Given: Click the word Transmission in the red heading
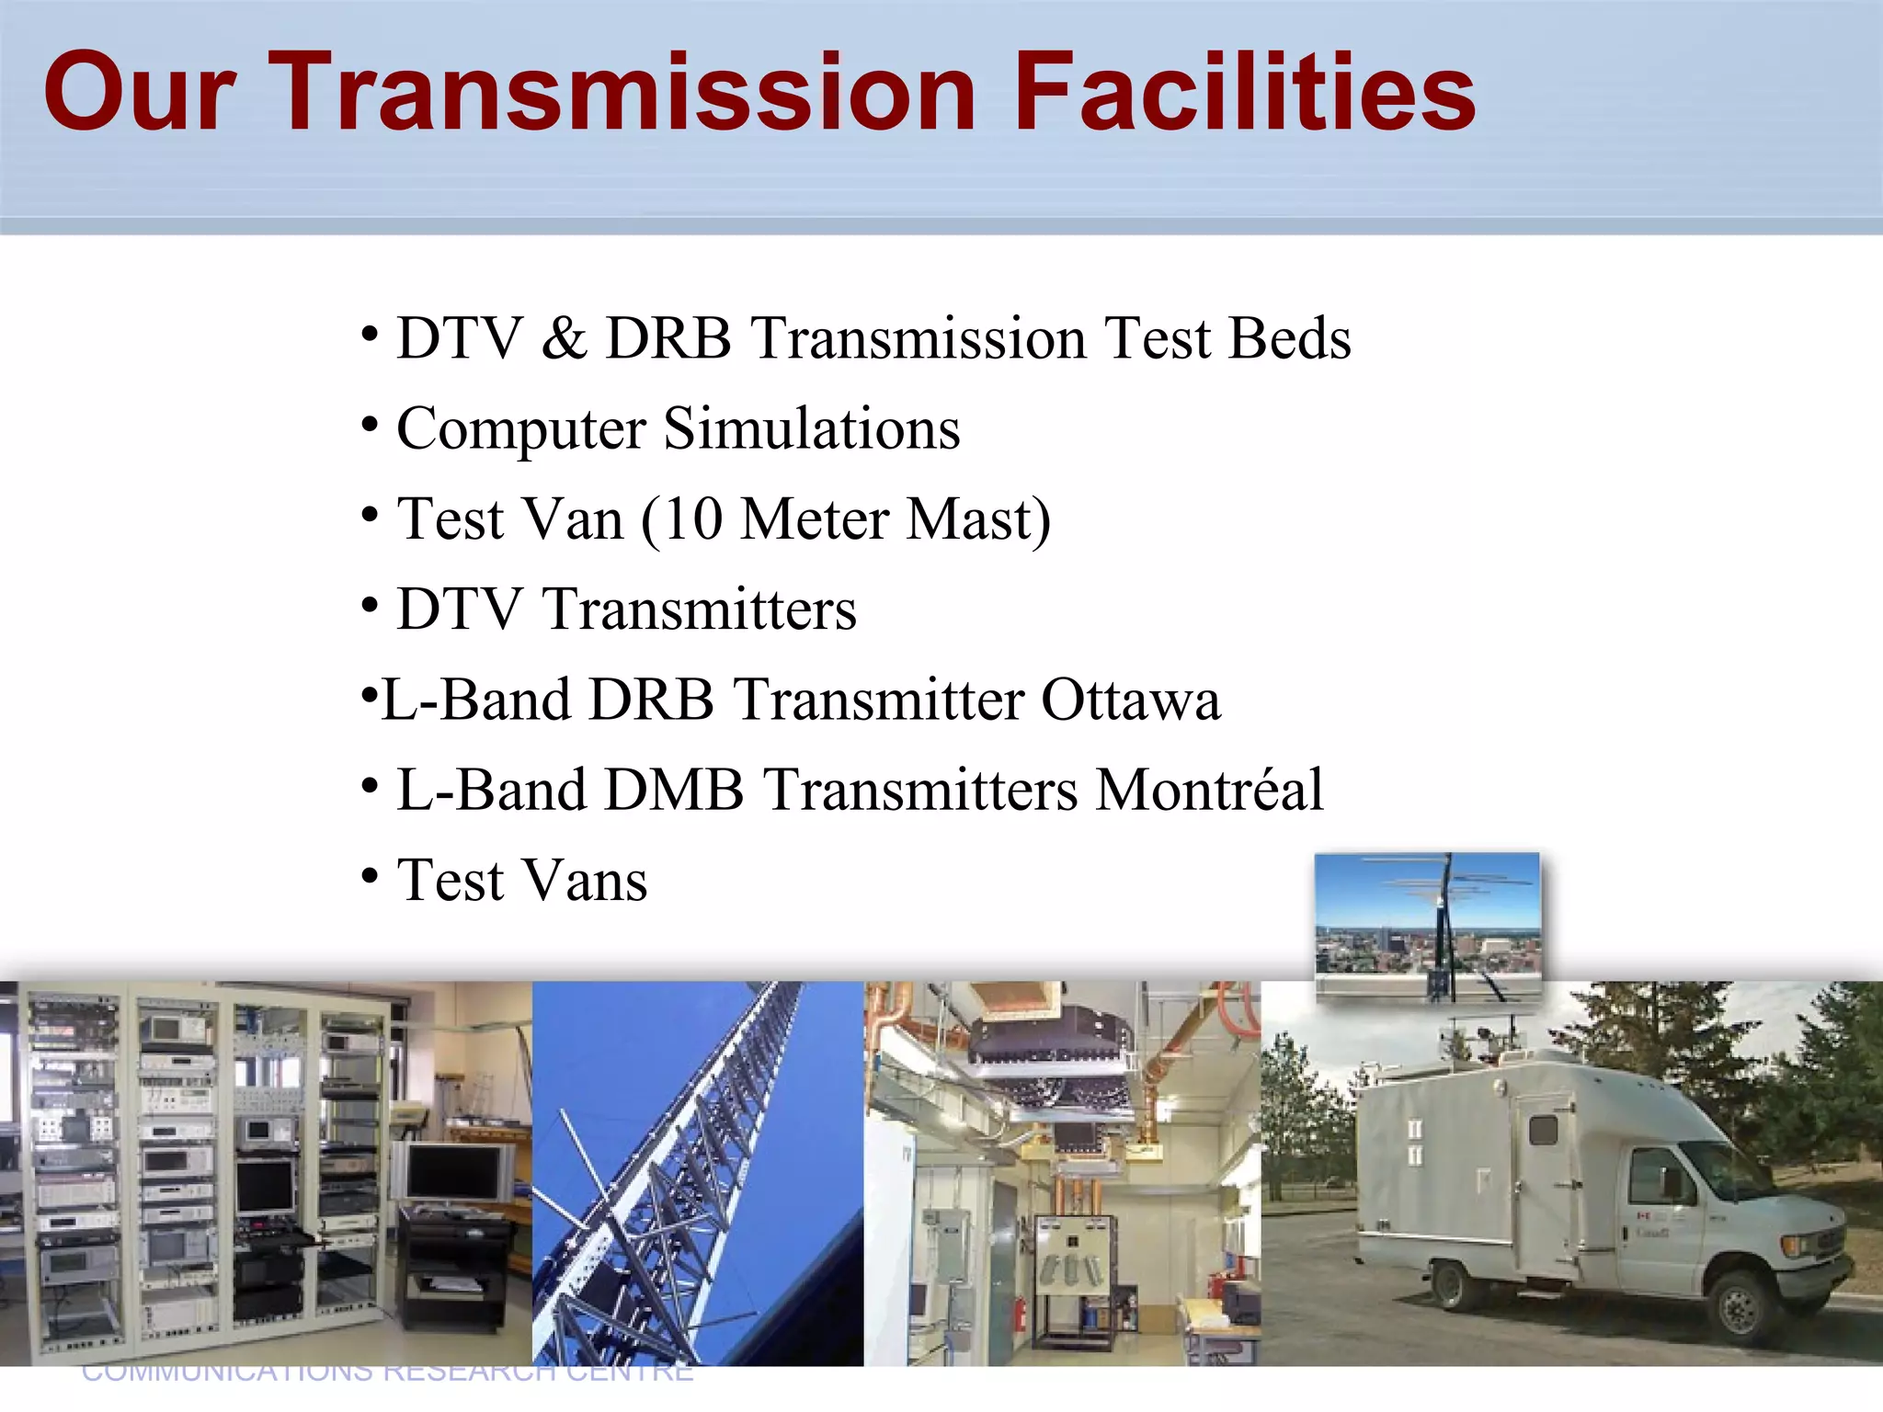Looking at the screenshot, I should [x=625, y=92].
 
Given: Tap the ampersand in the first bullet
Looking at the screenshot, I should [x=564, y=338].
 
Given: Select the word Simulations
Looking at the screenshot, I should [x=811, y=428].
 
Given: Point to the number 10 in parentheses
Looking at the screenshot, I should [x=691, y=519].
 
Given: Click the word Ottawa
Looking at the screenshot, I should [x=1130, y=700].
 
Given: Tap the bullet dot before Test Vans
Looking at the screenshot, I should [x=370, y=875].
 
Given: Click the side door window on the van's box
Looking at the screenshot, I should [x=1543, y=1129].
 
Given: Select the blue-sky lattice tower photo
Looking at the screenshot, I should [x=697, y=1172].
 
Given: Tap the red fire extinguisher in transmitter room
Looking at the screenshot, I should [x=1020, y=1315].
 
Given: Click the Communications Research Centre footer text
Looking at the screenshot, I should [x=386, y=1372].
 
